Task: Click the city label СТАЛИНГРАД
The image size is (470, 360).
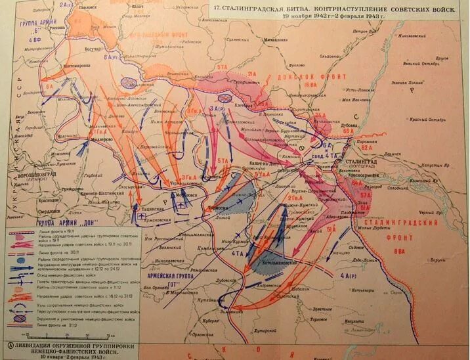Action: click(x=376, y=160)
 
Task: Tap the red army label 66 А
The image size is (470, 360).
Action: click(x=347, y=131)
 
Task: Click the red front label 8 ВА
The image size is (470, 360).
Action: click(x=400, y=250)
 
